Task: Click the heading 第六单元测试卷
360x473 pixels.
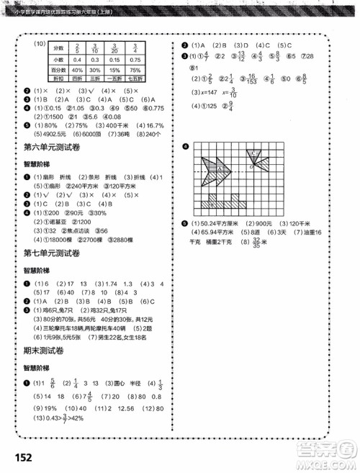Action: tap(44, 148)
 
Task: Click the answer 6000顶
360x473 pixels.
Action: tap(87, 134)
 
